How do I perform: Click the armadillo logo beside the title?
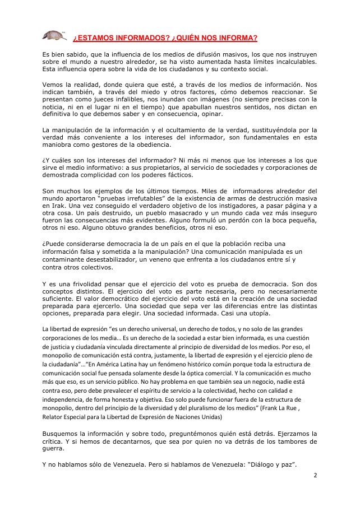point(53,36)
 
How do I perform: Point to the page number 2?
point(315,475)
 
